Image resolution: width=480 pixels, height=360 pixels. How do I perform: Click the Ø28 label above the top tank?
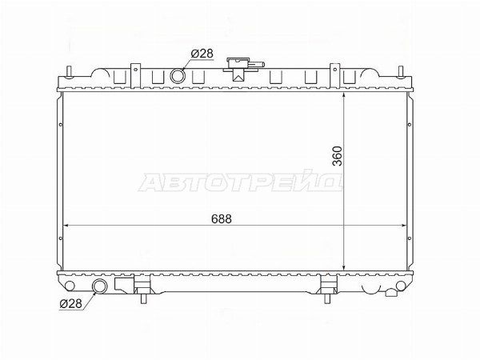click(202, 54)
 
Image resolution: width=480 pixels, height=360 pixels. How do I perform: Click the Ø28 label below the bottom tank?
click(71, 303)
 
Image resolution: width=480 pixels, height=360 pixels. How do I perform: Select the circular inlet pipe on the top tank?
click(178, 76)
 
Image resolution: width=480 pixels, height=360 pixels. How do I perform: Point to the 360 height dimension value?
click(337, 156)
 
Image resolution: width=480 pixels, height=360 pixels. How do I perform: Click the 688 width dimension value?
click(222, 219)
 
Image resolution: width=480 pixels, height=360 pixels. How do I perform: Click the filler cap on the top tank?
click(243, 66)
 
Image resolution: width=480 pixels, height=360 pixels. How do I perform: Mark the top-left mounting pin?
click(69, 72)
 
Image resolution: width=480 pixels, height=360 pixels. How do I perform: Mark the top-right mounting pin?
click(400, 72)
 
